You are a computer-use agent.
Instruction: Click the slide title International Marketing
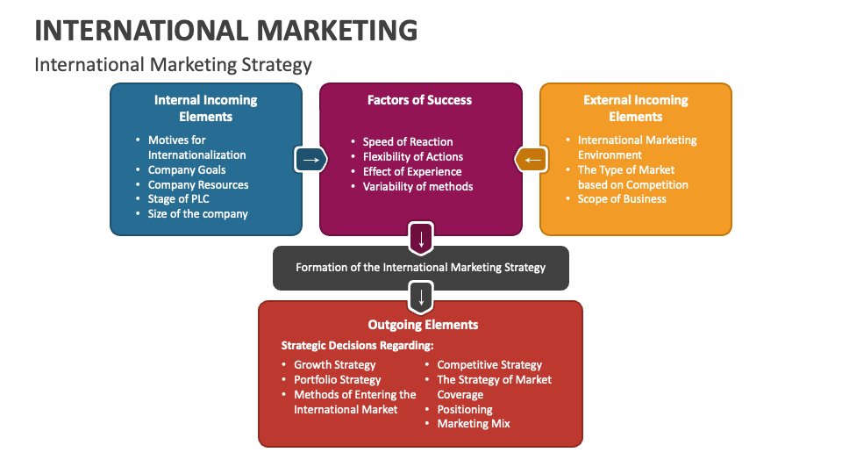click(x=225, y=30)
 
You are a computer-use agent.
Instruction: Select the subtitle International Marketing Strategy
click(x=173, y=64)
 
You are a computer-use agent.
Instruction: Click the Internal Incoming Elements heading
click(x=205, y=108)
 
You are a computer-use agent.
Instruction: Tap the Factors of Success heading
click(x=419, y=100)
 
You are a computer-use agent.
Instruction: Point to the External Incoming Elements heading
click(x=635, y=108)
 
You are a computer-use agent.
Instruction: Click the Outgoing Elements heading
click(x=423, y=325)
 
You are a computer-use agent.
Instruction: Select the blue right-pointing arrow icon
click(x=310, y=159)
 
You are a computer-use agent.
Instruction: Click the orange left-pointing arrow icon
click(x=532, y=159)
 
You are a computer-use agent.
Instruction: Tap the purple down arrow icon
click(x=421, y=238)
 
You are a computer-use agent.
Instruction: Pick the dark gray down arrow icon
click(x=421, y=296)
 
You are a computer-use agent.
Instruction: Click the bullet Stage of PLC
click(x=178, y=199)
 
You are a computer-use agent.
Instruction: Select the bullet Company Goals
click(x=186, y=169)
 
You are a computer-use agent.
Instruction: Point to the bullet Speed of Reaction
click(x=407, y=141)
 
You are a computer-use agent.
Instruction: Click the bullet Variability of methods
click(x=417, y=186)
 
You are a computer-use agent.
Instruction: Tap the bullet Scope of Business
click(x=621, y=199)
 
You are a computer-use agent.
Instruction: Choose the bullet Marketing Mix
click(x=473, y=424)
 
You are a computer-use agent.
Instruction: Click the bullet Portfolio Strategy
click(x=337, y=380)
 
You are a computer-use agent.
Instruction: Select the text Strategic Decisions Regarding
click(x=357, y=345)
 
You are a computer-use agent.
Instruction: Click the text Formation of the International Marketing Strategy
click(x=420, y=268)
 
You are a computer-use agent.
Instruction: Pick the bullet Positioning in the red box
click(x=464, y=409)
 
